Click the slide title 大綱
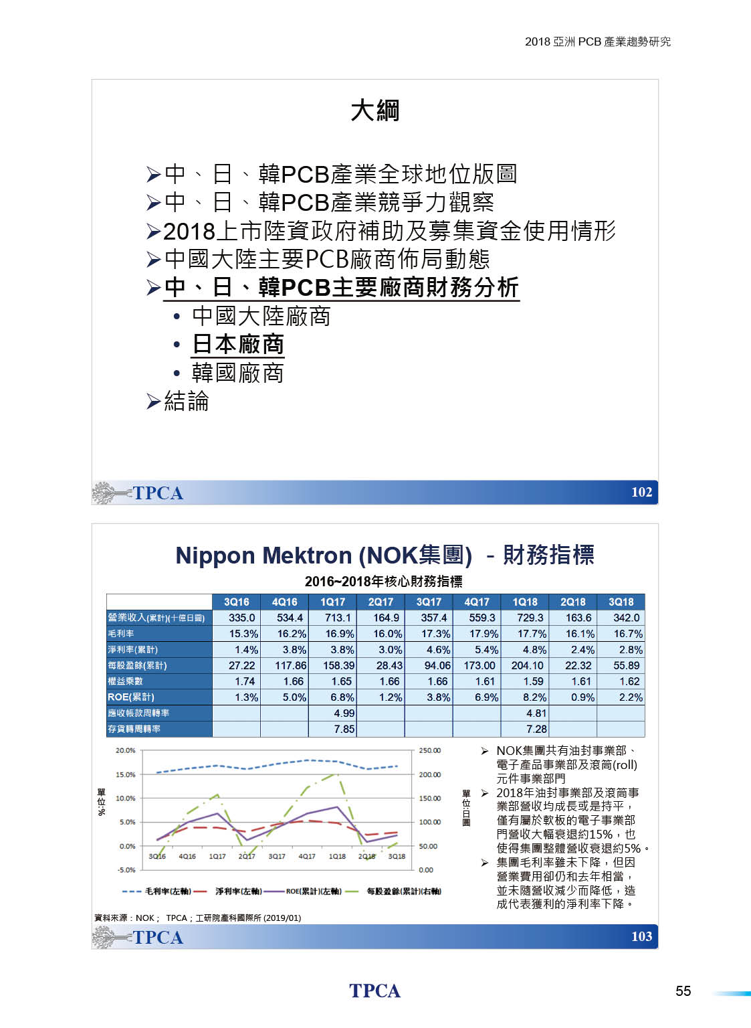[374, 110]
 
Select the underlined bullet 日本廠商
[238, 344]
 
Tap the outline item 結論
[186, 401]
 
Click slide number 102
[641, 492]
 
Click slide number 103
[641, 936]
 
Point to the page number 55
[683, 991]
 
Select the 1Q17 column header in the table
[332, 602]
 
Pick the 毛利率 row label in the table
[121, 633]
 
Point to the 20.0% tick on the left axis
[125, 750]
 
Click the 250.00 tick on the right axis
[430, 750]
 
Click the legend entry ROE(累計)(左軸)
[313, 891]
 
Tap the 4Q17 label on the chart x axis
[307, 856]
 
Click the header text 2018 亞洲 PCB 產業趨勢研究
[597, 41]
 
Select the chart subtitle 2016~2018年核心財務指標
[383, 581]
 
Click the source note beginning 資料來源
[197, 918]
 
